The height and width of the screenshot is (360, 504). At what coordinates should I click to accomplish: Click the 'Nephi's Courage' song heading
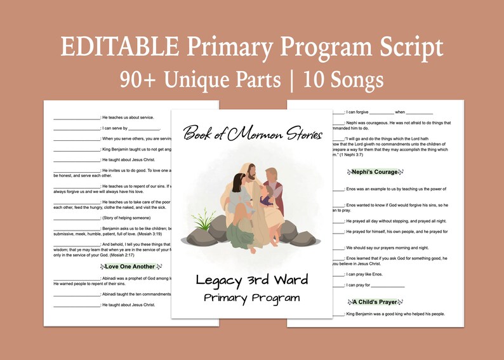(375, 172)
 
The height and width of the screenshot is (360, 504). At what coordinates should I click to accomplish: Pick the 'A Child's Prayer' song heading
(375, 302)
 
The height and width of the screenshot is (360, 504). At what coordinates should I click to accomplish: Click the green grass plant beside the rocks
(205, 221)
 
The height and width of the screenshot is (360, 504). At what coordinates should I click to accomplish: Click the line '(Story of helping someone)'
(133, 218)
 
